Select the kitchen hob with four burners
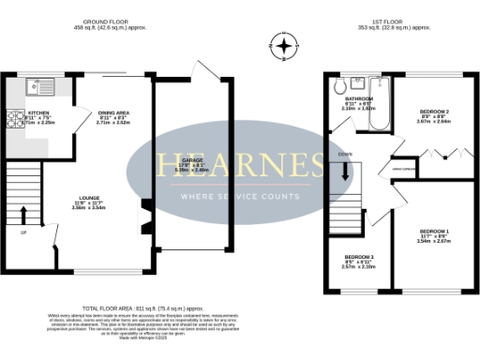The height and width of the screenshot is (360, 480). (x=16, y=117)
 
